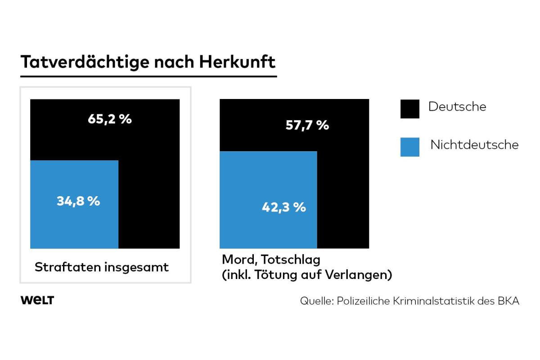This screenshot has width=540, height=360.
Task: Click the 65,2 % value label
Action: click(x=110, y=120)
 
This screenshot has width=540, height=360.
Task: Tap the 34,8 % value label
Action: click(x=78, y=201)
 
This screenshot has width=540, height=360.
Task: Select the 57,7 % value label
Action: click(x=307, y=125)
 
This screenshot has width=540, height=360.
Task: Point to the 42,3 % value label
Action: click(x=284, y=207)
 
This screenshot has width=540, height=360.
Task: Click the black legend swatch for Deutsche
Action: click(x=409, y=109)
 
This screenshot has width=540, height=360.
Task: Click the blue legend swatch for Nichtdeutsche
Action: click(x=409, y=147)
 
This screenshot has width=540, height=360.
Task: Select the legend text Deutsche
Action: click(x=457, y=107)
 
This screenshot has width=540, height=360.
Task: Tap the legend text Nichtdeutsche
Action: click(x=474, y=145)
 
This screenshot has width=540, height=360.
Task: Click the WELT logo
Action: click(x=37, y=301)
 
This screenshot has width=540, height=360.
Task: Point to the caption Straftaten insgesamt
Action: click(x=102, y=267)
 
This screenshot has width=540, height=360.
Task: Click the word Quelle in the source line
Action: click(x=315, y=301)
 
